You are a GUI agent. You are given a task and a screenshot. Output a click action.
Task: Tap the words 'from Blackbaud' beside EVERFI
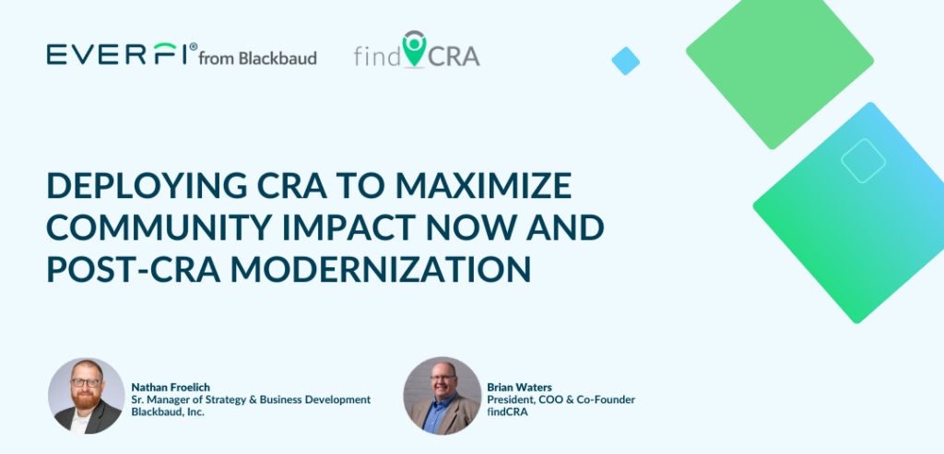258,58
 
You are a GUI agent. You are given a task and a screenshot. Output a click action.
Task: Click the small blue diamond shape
626,61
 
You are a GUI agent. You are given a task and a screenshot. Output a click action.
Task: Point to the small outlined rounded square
863,160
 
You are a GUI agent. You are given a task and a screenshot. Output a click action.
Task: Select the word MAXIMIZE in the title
483,186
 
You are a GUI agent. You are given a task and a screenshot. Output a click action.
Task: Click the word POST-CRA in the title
133,269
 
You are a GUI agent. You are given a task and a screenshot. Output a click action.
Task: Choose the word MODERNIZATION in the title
381,269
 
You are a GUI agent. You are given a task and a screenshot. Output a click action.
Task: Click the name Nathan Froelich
171,388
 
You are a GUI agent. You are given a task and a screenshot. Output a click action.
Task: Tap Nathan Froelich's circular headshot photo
86,396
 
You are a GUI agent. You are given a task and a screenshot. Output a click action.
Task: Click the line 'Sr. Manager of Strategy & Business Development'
251,400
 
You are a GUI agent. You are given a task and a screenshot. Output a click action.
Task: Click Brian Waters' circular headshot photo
442,396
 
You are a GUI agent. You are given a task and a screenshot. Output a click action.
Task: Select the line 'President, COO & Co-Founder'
561,400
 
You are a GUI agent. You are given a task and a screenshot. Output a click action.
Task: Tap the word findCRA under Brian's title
508,413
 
